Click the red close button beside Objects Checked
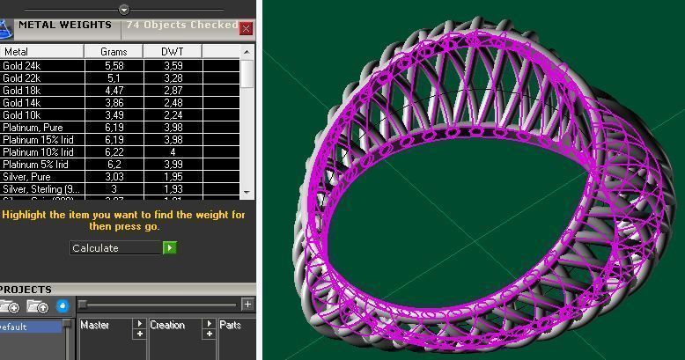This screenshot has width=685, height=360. click(x=247, y=28)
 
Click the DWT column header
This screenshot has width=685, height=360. click(x=173, y=52)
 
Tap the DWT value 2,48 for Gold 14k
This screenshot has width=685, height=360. click(x=173, y=103)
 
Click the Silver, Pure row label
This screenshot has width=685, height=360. click(x=26, y=177)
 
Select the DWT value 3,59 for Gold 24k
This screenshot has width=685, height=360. click(x=173, y=66)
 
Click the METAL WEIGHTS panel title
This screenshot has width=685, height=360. click(x=65, y=26)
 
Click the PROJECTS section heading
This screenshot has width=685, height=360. click(x=26, y=290)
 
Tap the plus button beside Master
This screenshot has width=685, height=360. click(x=139, y=324)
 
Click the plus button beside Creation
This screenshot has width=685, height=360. click(x=209, y=324)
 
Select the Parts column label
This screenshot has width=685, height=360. click(x=231, y=326)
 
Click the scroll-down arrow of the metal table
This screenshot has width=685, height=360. click(x=247, y=192)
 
